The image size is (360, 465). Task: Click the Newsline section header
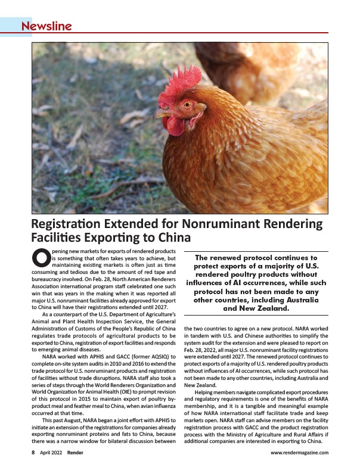click(x=46, y=26)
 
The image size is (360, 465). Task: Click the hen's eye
click(x=187, y=104)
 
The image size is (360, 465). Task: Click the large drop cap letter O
click(x=39, y=259)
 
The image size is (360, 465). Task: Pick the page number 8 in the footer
click(x=33, y=452)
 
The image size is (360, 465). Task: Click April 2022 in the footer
click(x=51, y=452)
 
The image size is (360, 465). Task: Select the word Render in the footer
click(x=76, y=452)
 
